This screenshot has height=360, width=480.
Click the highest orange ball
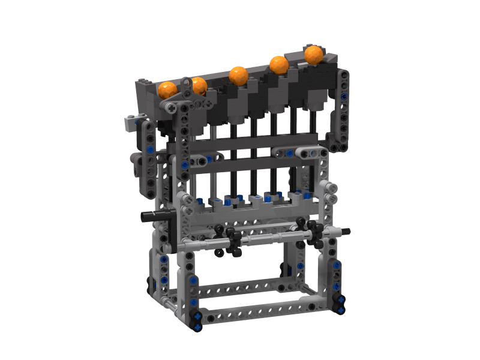(314, 54)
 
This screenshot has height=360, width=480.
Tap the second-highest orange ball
(278, 64)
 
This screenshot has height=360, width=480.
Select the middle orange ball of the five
(238, 76)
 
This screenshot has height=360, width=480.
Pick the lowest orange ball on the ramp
(167, 90)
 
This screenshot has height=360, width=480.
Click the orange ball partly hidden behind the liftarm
(199, 86)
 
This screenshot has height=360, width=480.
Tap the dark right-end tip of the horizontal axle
(346, 231)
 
